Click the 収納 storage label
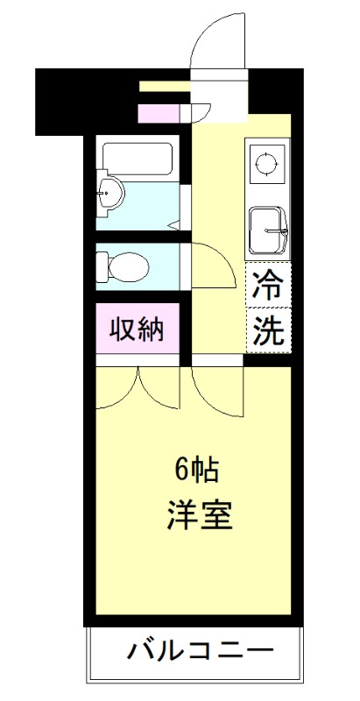tap(137, 329)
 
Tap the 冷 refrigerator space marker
tap(267, 284)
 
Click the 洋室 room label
tap(200, 514)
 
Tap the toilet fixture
tap(123, 266)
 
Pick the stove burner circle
tap(265, 161)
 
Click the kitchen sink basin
tap(265, 230)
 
